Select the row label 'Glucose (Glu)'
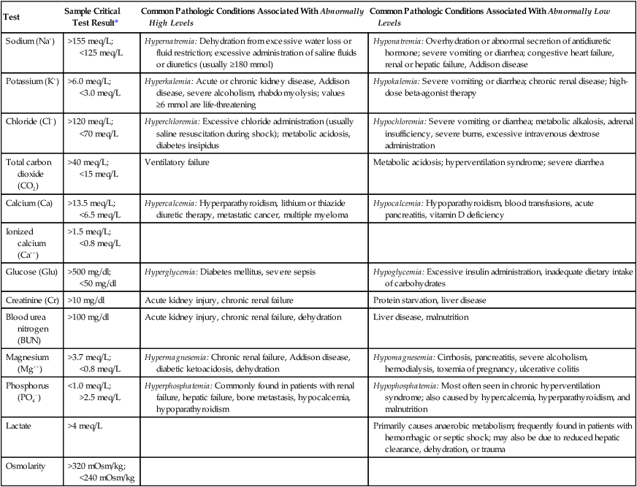(x=31, y=272)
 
